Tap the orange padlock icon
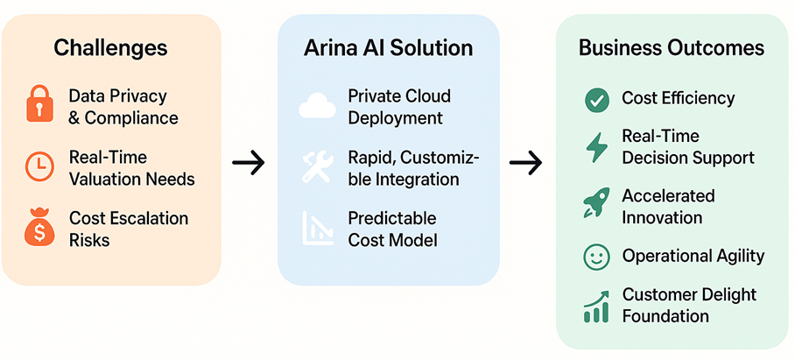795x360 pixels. [x=38, y=106]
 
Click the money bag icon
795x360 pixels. [x=38, y=228]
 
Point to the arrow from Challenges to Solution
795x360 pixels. [x=250, y=162]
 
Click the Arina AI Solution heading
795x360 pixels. [x=389, y=47]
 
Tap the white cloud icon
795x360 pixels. [x=317, y=106]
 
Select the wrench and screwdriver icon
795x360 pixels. [x=316, y=166]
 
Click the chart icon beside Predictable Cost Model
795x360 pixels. [x=316, y=227]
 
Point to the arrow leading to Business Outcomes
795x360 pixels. [x=526, y=162]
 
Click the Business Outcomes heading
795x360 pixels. [x=672, y=47]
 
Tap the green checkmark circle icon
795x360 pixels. [x=597, y=100]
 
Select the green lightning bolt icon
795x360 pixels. [x=596, y=147]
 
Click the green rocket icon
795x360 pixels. [x=596, y=203]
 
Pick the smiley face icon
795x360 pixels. [x=596, y=257]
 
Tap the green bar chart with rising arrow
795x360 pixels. [x=596, y=306]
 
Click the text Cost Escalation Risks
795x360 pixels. [x=129, y=228]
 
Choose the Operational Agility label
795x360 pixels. [x=693, y=256]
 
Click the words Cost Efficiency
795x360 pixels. [x=679, y=99]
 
